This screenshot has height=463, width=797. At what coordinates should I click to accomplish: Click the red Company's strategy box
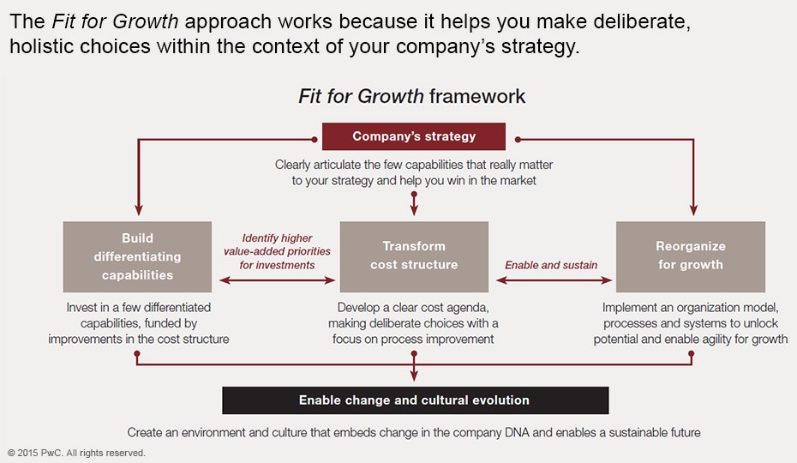(414, 136)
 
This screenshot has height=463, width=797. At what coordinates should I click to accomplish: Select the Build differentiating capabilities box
(137, 256)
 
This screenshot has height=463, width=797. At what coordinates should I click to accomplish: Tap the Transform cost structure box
(414, 256)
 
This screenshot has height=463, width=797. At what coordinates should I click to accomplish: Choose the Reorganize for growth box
(690, 256)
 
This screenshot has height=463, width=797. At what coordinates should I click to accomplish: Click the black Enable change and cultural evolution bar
(416, 400)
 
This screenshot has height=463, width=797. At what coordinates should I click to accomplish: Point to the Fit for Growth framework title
(411, 96)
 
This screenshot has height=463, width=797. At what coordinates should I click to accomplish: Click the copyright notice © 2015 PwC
(76, 453)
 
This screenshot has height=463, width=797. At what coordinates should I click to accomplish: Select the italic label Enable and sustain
(551, 265)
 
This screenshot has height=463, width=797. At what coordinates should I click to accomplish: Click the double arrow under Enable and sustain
(554, 280)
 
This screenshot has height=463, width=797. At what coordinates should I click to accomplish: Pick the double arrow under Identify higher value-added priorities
(277, 280)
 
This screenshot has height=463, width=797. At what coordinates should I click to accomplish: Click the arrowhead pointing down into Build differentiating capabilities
(138, 210)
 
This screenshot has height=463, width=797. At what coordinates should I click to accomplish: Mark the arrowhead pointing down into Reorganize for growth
(693, 210)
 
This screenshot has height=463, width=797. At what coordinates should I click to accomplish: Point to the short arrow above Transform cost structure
(414, 203)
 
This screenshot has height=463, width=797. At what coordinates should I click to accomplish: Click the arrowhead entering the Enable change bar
(414, 376)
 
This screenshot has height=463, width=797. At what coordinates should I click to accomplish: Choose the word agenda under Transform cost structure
(468, 309)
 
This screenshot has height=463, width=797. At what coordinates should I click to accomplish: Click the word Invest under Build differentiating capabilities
(81, 307)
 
